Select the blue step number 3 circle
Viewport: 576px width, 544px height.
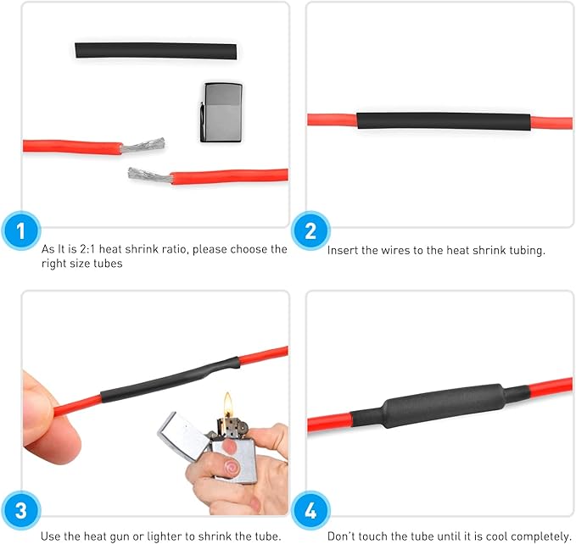point(21,512)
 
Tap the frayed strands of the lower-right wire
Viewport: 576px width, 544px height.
point(149,175)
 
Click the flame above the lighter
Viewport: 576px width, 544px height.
point(227,402)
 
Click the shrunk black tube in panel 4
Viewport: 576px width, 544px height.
point(441,410)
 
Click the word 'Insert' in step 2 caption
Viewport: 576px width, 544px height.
point(341,250)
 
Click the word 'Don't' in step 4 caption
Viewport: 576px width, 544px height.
point(342,536)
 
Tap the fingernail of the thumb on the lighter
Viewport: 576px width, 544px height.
point(230,466)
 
